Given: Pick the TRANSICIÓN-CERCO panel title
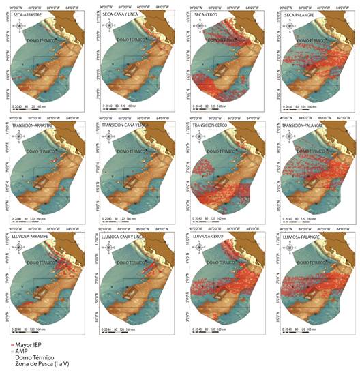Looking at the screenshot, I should point(211,127).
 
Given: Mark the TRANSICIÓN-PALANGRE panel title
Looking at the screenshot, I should point(301,127).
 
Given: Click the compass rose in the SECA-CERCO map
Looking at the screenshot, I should point(197,28).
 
